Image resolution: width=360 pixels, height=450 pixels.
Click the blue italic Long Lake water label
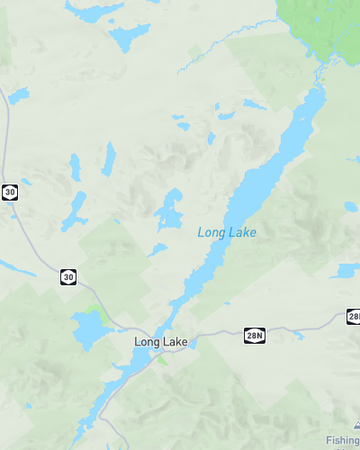(x=227, y=233)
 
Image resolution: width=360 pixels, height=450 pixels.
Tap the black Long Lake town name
(x=161, y=342)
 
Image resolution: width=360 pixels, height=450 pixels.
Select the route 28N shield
(x=255, y=335)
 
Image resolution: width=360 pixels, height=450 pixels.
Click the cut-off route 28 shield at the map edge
(x=354, y=317)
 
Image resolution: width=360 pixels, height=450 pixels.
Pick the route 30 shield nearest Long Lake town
(x=68, y=277)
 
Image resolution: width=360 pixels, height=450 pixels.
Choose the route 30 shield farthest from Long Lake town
(x=10, y=192)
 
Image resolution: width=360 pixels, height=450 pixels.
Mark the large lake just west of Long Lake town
(x=84, y=329)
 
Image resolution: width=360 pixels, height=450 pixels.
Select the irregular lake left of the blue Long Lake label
(x=170, y=210)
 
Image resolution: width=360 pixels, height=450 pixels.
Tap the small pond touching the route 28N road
(x=298, y=335)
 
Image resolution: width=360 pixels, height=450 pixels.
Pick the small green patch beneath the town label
(x=162, y=359)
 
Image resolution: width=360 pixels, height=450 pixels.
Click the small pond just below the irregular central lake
(x=157, y=249)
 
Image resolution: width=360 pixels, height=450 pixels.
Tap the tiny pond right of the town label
(x=195, y=343)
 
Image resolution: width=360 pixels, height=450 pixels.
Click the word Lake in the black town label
(x=174, y=342)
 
